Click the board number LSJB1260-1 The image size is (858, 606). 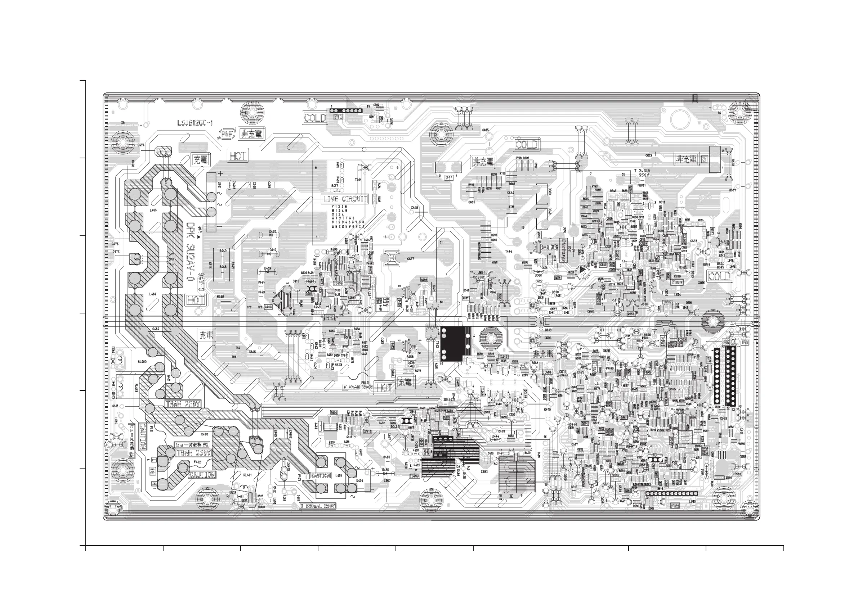click(x=195, y=123)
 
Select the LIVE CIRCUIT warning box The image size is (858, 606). click(x=345, y=199)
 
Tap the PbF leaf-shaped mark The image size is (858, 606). click(x=227, y=135)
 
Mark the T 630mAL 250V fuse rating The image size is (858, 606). click(x=318, y=506)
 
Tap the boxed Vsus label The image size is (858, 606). click(x=677, y=282)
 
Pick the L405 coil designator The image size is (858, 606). click(x=153, y=211)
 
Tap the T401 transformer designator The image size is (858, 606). click(x=358, y=180)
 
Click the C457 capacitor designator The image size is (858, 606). click(x=410, y=259)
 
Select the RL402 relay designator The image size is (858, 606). click(x=142, y=361)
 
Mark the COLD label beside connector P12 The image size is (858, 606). click(x=315, y=118)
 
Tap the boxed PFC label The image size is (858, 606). click(x=329, y=317)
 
